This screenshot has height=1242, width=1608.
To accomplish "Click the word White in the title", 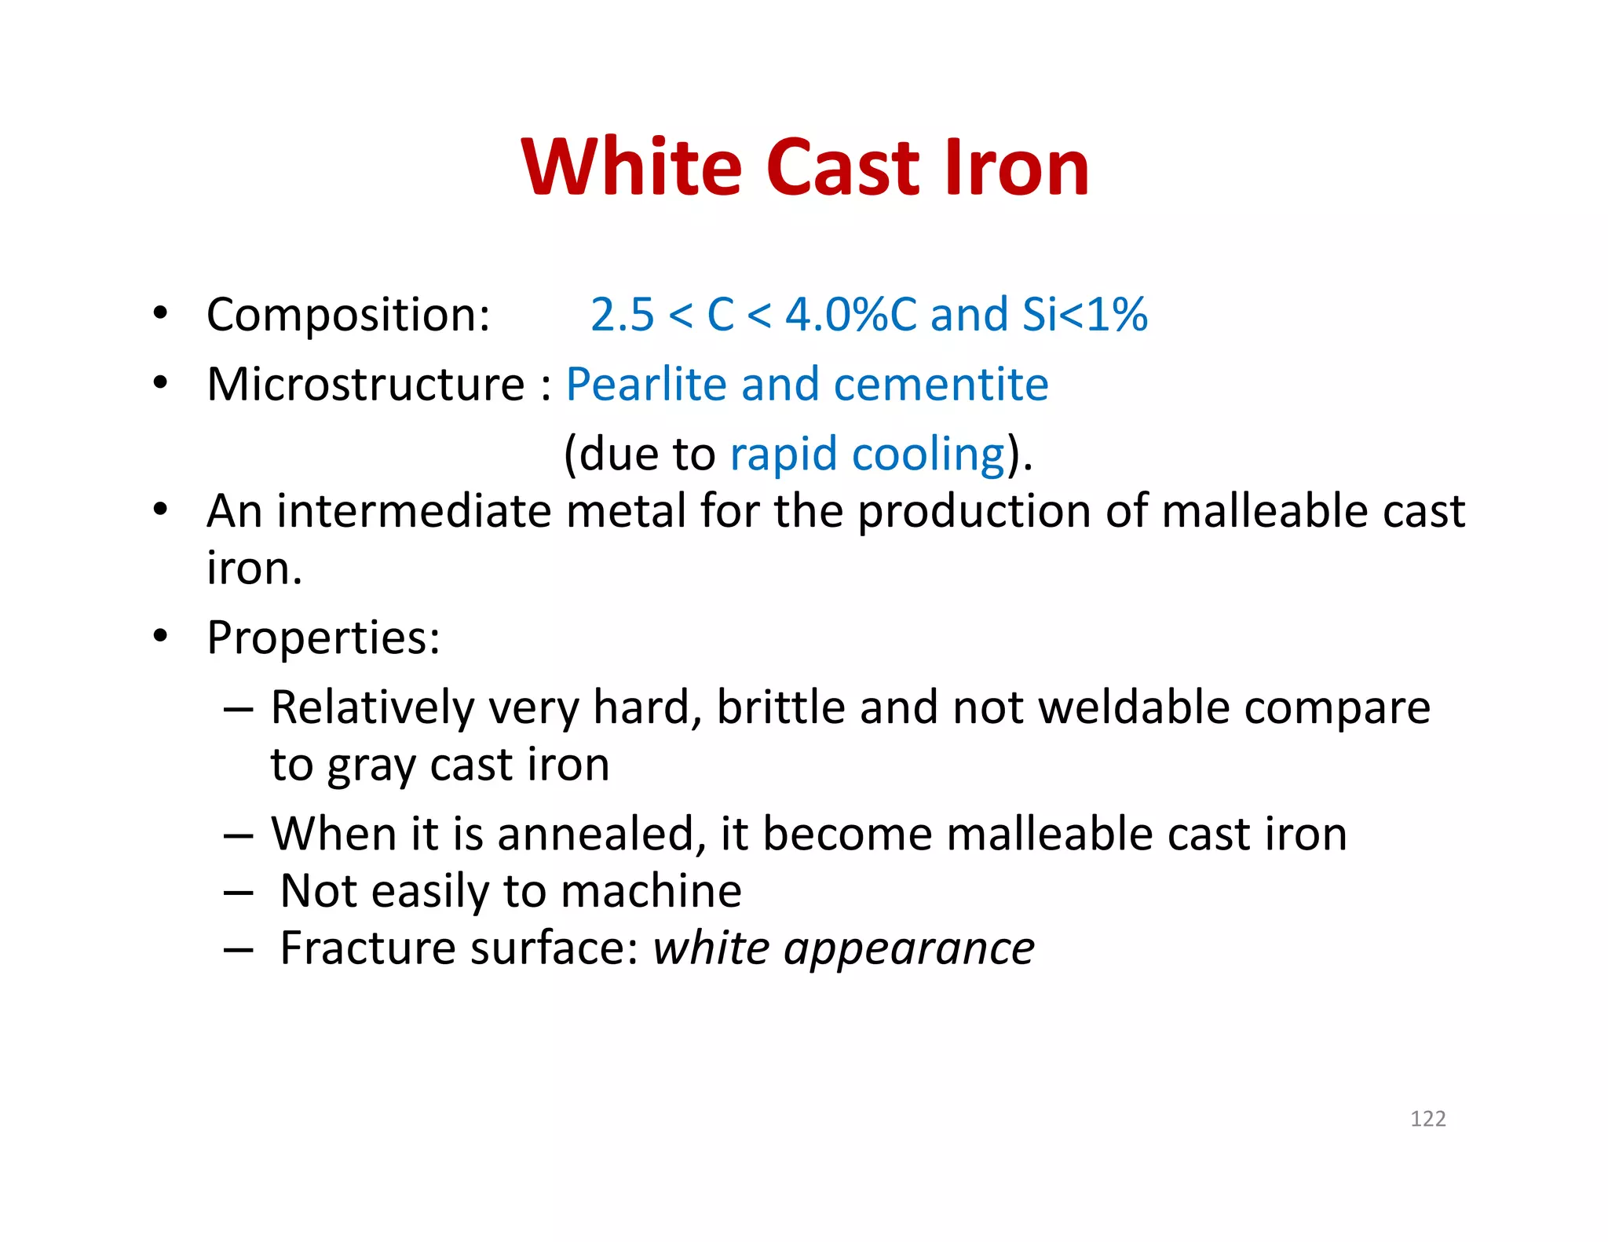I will click(x=631, y=167).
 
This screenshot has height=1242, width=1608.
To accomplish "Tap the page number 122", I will click(x=1427, y=1119).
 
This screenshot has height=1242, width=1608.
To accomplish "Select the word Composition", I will click(x=348, y=316).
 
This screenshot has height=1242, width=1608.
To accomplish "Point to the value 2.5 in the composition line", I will click(x=622, y=315).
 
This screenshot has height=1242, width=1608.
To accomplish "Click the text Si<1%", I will click(x=1085, y=315).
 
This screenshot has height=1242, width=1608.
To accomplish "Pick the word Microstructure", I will click(x=366, y=385).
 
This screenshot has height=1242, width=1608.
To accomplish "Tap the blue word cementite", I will click(x=941, y=385).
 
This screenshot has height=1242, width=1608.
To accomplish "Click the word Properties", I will click(x=323, y=638).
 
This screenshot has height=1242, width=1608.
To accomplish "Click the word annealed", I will click(x=595, y=834).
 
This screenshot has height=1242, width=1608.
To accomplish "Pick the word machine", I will click(x=651, y=891).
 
